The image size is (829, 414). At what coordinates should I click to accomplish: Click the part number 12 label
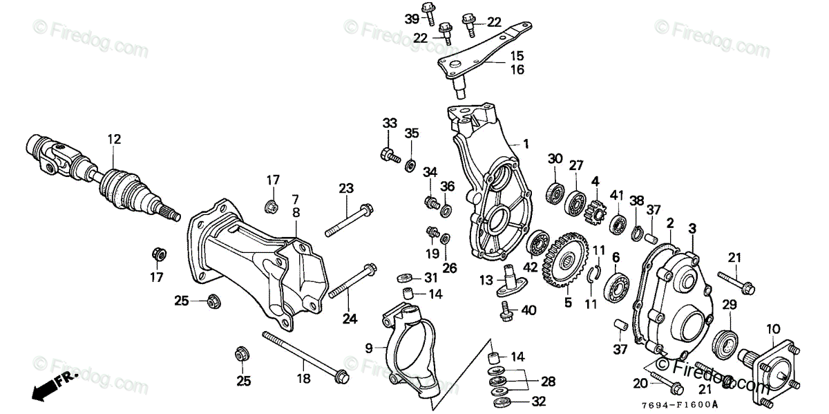click(114, 140)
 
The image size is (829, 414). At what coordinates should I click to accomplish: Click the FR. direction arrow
click(52, 385)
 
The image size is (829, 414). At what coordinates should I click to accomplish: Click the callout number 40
click(528, 311)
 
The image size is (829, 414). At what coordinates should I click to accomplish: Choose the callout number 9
click(369, 346)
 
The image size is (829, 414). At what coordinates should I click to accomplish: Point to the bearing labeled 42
click(537, 244)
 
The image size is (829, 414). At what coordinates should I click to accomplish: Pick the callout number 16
click(517, 69)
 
